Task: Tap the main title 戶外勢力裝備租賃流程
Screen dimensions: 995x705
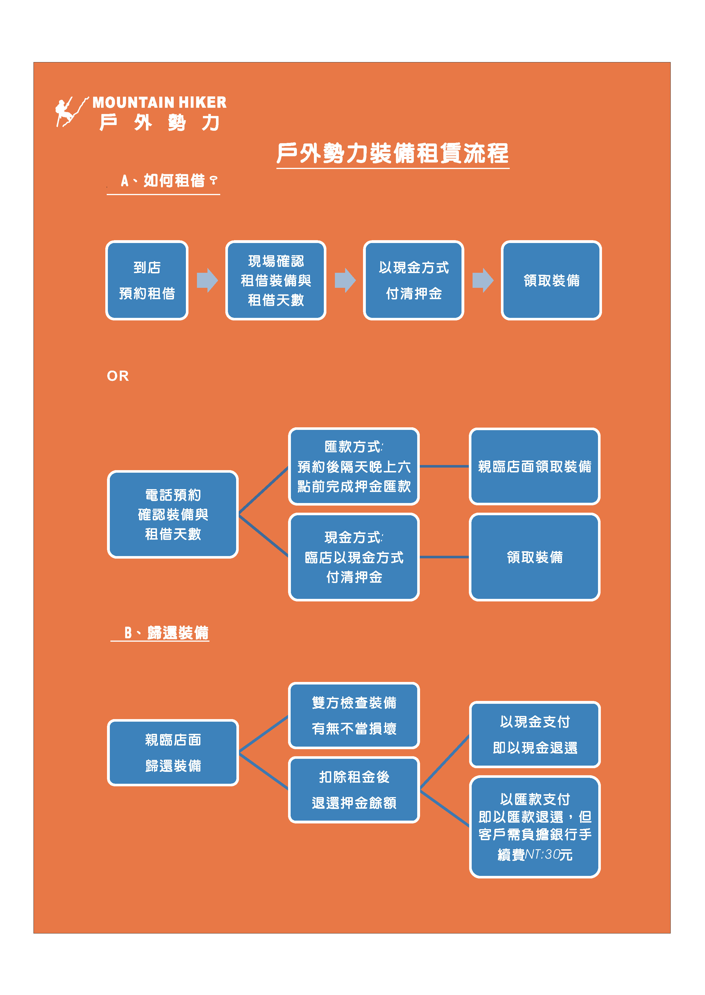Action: [393, 153]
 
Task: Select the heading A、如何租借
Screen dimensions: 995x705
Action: [168, 180]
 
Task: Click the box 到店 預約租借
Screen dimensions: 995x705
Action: [147, 280]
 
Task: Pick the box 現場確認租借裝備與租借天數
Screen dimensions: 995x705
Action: [276, 280]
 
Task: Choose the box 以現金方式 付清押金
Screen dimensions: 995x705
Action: [413, 280]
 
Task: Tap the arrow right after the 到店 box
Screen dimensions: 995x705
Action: [207, 280]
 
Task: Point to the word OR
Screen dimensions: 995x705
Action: [118, 376]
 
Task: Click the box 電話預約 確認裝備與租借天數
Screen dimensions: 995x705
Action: [173, 514]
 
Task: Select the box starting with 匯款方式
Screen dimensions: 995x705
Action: [354, 466]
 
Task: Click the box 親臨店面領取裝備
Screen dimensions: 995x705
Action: [534, 466]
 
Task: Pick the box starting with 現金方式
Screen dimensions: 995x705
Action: [354, 557]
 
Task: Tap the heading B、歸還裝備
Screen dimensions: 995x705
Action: [166, 633]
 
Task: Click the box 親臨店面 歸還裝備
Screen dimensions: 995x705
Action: [173, 753]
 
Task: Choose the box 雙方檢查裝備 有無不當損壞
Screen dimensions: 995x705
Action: [354, 715]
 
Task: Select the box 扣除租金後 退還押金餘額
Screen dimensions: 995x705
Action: [354, 789]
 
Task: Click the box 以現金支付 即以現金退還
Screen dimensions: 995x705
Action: [534, 734]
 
